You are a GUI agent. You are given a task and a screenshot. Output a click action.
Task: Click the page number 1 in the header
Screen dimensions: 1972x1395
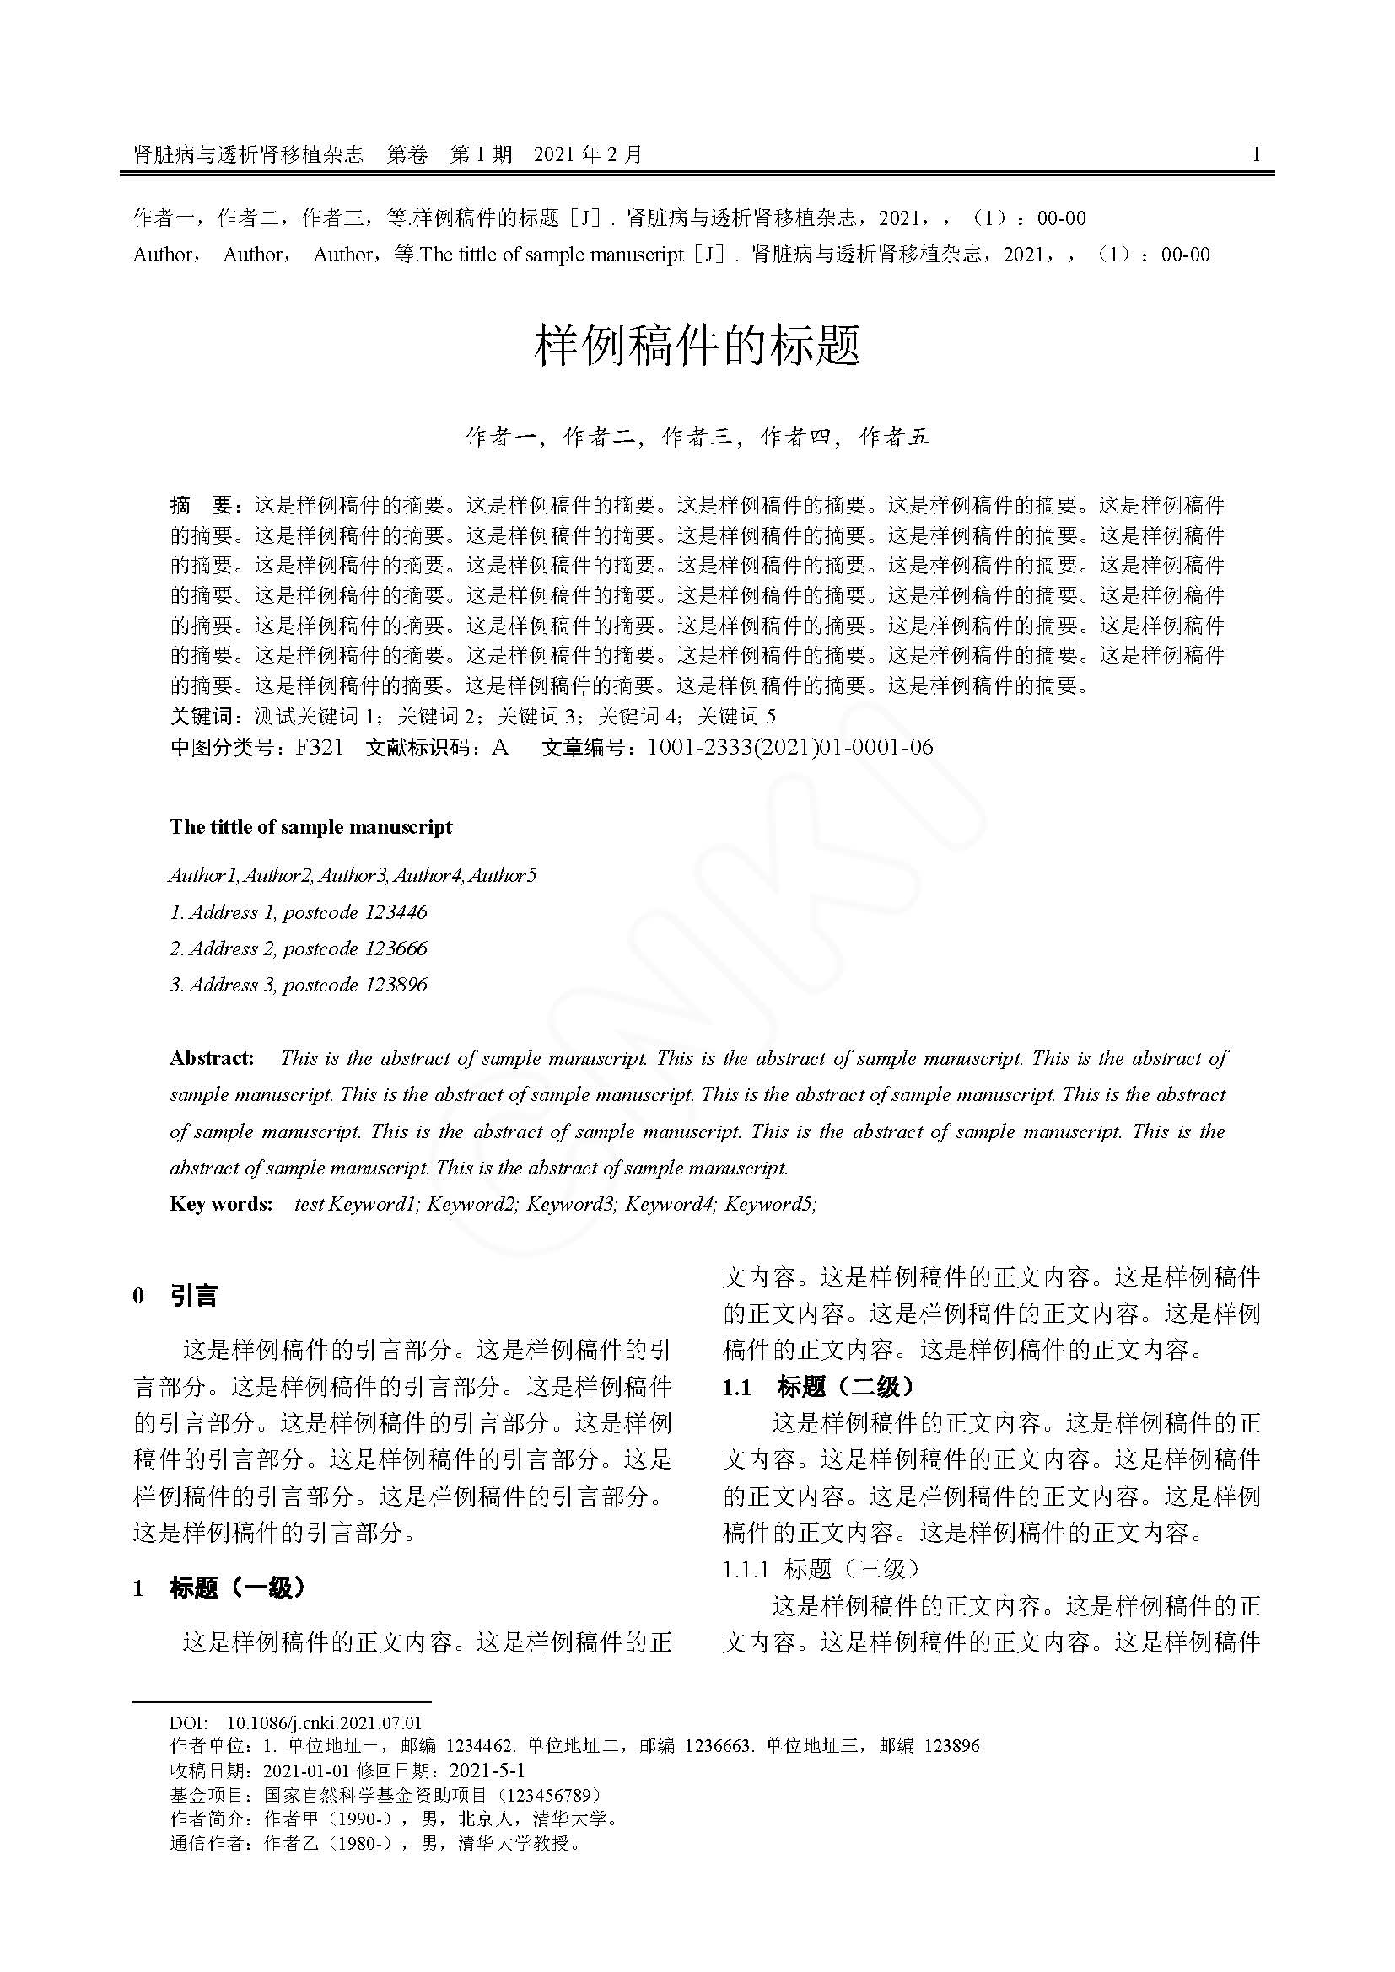click(1257, 154)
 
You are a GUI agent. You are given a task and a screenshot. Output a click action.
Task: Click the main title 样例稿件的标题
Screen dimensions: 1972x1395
click(697, 346)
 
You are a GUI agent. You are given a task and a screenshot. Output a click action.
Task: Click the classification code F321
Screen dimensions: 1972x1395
click(319, 747)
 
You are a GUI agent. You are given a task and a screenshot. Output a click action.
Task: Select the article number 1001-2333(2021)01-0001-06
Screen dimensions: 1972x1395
click(789, 747)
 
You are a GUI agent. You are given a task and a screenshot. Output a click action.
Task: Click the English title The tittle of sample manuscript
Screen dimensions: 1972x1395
click(311, 827)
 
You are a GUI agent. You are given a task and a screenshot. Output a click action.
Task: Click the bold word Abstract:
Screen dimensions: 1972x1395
click(213, 1058)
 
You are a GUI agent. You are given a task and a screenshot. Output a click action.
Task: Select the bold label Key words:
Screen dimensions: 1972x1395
click(221, 1203)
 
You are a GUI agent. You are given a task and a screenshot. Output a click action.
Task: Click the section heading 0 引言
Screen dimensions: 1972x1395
click(176, 1296)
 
